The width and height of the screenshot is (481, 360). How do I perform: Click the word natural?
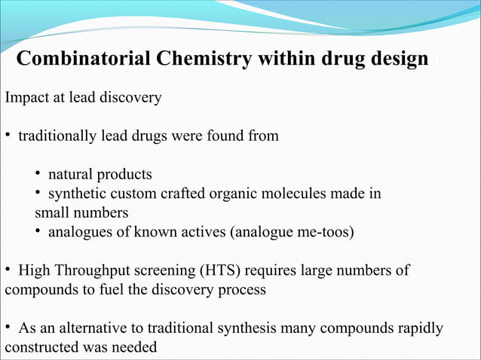pyautogui.click(x=71, y=175)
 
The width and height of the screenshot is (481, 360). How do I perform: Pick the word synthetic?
pyautogui.click(x=76, y=194)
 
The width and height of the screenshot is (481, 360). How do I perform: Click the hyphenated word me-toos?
pyautogui.click(x=323, y=231)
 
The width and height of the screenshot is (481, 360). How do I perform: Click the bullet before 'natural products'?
pyautogui.click(x=38, y=175)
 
